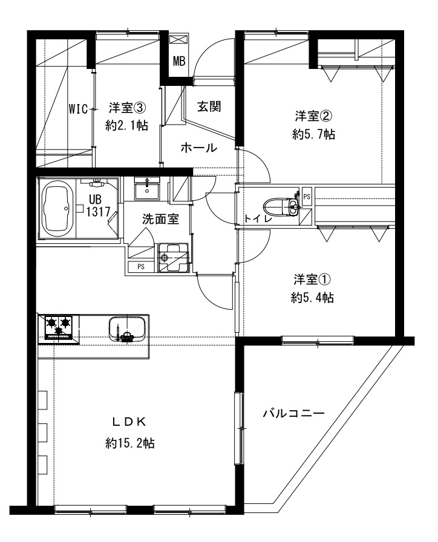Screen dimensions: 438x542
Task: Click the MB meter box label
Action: tap(179, 61)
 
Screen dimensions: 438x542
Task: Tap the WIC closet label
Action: tap(78, 109)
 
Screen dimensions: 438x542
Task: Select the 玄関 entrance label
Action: tap(209, 106)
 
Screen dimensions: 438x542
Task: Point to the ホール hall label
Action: tap(199, 148)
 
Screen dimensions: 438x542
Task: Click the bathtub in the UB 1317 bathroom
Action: tap(57, 209)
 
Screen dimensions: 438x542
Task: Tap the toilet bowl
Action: tap(280, 207)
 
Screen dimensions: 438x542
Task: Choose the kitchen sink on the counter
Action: tap(126, 329)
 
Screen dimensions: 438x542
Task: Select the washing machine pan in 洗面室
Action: tap(173, 257)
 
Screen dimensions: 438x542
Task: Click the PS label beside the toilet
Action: tap(307, 197)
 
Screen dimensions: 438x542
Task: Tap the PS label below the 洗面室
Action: tap(141, 267)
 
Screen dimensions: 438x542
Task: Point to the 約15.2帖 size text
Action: tap(129, 443)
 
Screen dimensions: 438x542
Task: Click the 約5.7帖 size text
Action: tap(313, 134)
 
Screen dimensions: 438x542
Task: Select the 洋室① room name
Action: tap(313, 279)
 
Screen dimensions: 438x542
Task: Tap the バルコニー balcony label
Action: tap(294, 413)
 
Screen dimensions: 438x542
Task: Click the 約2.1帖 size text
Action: tap(127, 125)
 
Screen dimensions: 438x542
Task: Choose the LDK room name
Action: tap(129, 422)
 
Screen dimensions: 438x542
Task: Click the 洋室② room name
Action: tap(314, 116)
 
